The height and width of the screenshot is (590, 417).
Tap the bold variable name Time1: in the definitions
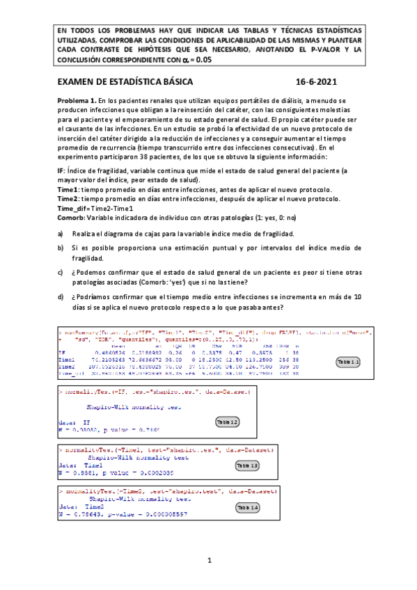click(x=68, y=189)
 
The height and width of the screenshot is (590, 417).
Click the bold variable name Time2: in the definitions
click(x=68, y=198)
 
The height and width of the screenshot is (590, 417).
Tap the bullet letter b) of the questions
click(x=61, y=248)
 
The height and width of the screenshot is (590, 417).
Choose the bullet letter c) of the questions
click(x=61, y=272)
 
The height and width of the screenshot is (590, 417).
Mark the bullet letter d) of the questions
click(x=61, y=296)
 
